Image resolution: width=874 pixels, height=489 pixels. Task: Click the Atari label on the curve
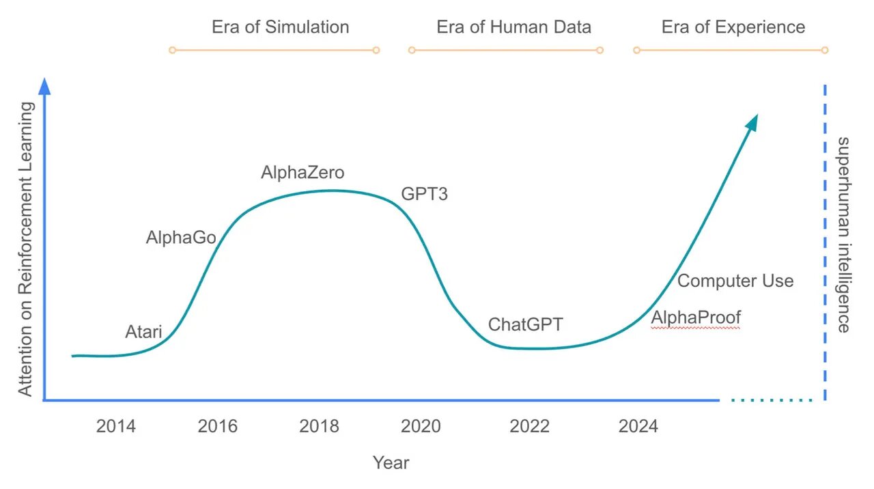click(143, 333)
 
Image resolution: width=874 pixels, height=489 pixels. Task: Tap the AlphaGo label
click(181, 238)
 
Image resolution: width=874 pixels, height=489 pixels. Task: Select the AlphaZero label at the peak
click(302, 173)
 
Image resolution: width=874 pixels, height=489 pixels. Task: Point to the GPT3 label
click(424, 194)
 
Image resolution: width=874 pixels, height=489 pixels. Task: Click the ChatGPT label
click(525, 324)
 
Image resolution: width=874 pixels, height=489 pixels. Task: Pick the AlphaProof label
click(695, 318)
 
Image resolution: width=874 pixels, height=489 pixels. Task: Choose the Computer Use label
click(735, 281)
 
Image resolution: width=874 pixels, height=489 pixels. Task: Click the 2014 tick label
click(116, 427)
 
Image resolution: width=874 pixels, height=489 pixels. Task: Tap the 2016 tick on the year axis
click(218, 427)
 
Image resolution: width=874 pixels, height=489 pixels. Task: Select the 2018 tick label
click(319, 427)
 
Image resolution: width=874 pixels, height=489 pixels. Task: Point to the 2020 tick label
click(421, 427)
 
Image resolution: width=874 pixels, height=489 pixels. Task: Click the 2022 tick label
click(529, 427)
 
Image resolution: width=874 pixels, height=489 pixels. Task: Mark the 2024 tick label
click(638, 427)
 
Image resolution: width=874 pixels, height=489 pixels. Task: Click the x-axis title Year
click(391, 463)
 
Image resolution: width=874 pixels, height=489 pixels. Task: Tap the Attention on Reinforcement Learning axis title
click(25, 249)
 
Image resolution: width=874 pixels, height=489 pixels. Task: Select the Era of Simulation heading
click(280, 27)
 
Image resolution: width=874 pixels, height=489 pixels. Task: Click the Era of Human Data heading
click(513, 27)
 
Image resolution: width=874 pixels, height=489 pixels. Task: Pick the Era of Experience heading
click(733, 27)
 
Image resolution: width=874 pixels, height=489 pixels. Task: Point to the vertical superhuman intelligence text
click(844, 234)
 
